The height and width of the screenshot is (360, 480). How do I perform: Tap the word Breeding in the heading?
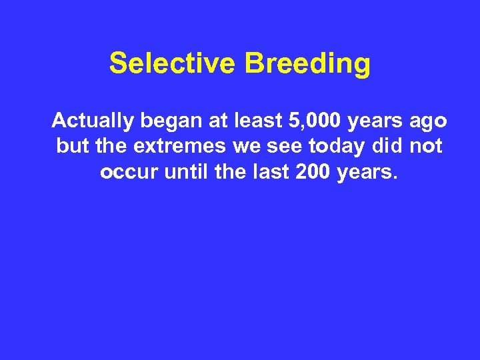(x=307, y=64)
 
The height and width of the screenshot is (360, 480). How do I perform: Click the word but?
(x=71, y=146)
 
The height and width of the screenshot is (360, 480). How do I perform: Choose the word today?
(x=336, y=147)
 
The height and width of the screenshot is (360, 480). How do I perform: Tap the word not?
(x=426, y=146)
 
